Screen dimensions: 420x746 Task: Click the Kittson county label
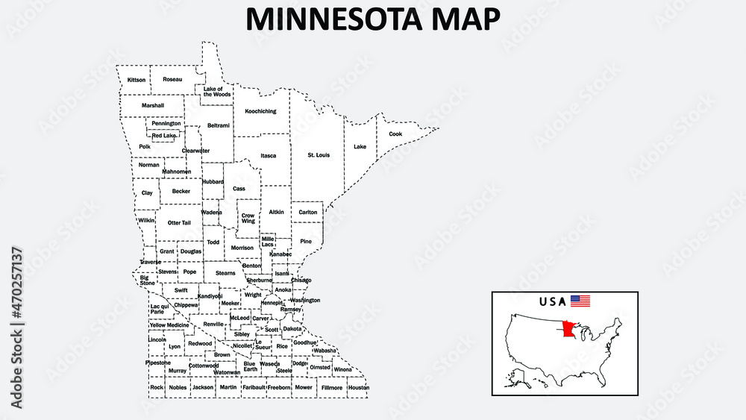137,80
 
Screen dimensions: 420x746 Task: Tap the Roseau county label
172,79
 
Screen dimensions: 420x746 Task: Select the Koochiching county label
260,111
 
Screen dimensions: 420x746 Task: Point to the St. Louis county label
319,155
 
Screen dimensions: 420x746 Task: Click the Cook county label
395,134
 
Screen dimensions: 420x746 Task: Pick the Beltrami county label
219,125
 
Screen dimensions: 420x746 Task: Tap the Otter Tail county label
179,222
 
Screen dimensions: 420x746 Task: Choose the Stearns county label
225,273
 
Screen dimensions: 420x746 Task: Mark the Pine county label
306,241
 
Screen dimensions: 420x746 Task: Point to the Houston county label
358,388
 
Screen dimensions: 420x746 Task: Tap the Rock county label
156,387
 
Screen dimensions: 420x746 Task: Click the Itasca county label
269,156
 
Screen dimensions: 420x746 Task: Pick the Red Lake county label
164,136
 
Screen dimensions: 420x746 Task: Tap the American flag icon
580,301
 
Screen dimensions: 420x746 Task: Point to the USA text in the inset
552,301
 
